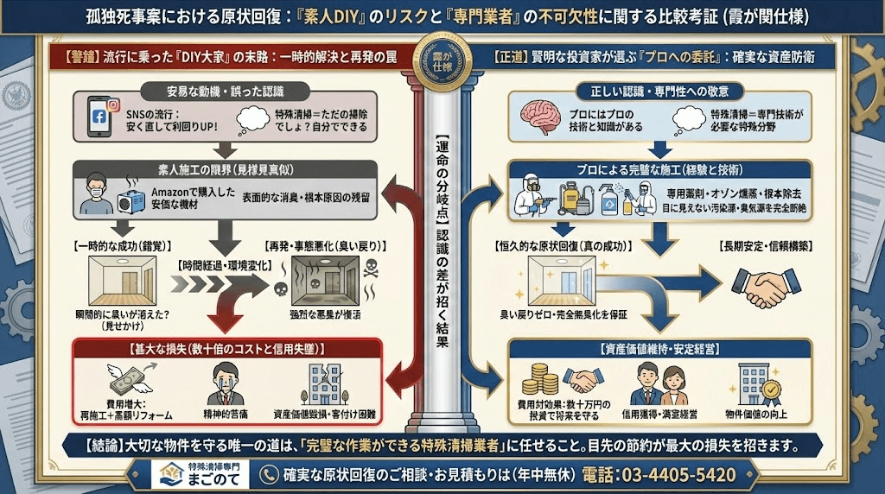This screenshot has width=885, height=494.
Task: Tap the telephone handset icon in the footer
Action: click(x=271, y=475)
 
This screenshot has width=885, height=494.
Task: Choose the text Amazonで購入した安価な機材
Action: click(x=192, y=198)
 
